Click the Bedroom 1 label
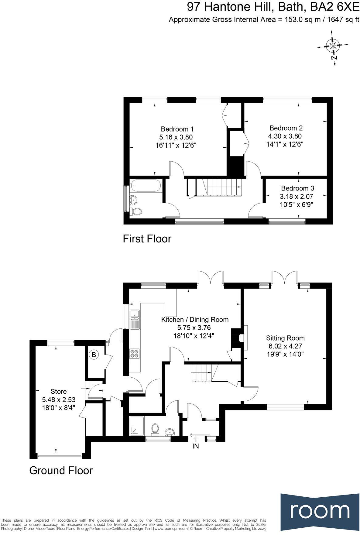(177, 129)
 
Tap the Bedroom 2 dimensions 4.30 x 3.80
(285, 136)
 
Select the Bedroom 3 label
(297, 188)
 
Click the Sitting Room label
(285, 338)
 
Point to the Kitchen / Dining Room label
(195, 320)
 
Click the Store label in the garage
(59, 391)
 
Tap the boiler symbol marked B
(94, 355)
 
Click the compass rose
(333, 46)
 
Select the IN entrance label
(196, 446)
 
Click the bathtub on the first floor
(145, 186)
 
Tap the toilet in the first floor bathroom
(137, 211)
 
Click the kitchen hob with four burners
(134, 353)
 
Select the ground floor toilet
(155, 429)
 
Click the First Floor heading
(147, 239)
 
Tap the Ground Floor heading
(61, 471)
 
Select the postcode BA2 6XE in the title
(337, 7)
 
